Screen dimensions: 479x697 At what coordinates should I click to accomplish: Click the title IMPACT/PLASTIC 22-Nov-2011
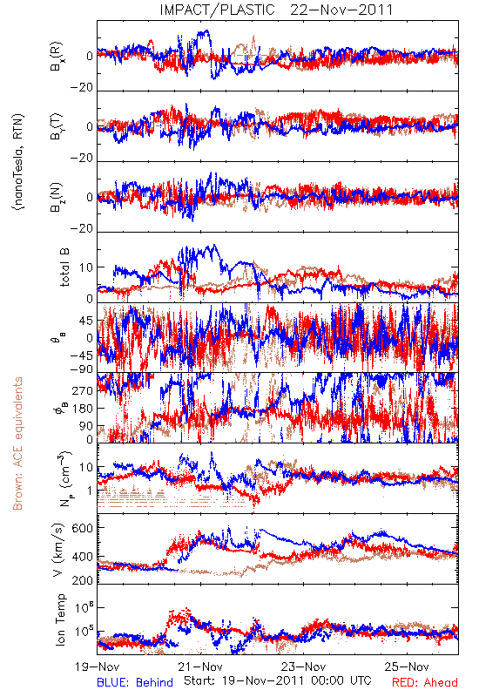coord(276,10)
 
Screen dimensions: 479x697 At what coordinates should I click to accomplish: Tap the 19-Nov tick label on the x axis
coord(98,667)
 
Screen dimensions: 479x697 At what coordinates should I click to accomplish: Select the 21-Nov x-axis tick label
coord(200,667)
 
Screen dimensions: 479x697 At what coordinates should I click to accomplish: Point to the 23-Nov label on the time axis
coord(304,667)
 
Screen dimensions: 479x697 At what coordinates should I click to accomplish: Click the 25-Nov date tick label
coord(407,667)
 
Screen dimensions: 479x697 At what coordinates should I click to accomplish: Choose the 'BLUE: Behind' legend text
coord(135,682)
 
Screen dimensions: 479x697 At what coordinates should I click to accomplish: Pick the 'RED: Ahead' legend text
coord(425,682)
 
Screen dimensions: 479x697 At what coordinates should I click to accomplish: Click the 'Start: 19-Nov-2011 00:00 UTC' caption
coord(278,680)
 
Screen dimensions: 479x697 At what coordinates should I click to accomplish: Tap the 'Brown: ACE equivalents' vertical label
coord(17,443)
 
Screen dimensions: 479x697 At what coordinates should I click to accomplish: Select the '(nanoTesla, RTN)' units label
coord(18,162)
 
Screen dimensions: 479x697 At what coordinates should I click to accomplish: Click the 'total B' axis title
coord(64,267)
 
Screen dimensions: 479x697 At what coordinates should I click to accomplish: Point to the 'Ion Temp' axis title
coord(60,619)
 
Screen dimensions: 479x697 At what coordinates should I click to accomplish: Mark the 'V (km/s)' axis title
coord(58,550)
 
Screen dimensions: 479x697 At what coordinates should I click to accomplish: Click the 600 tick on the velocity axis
coord(83,528)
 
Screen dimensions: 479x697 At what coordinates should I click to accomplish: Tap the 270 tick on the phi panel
coord(83,390)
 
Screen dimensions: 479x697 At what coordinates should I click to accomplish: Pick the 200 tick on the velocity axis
coord(83,580)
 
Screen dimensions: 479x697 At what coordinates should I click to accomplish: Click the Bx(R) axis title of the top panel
coord(57,57)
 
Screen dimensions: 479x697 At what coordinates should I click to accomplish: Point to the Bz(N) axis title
coord(57,197)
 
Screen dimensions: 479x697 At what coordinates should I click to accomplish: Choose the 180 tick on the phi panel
coord(83,409)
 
